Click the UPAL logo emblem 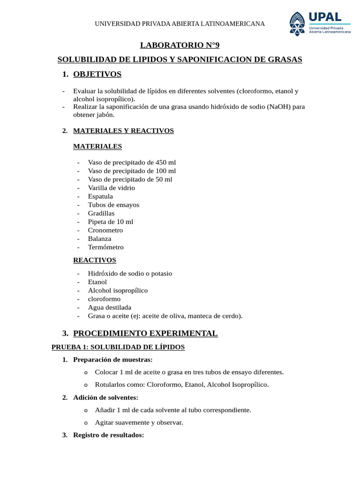296,23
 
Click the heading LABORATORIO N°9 180,45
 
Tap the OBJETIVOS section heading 97,74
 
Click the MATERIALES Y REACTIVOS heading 123,131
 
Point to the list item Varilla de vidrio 111,188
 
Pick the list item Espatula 100,196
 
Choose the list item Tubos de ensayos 113,205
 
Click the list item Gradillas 101,213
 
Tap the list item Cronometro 105,230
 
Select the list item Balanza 100,239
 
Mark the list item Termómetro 106,247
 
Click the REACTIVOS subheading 95,260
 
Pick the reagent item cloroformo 104,299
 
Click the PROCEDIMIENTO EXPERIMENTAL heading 145,333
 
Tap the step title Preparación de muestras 112,360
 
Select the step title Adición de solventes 105,397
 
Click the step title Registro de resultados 108,435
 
